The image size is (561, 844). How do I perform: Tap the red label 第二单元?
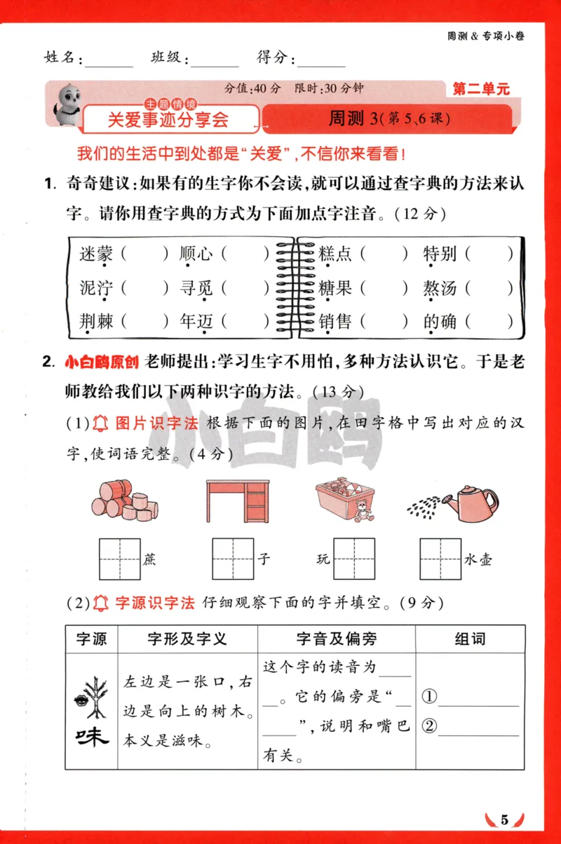click(x=481, y=89)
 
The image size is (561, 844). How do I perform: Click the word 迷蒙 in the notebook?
click(x=96, y=254)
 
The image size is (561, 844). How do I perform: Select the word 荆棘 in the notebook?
click(x=96, y=322)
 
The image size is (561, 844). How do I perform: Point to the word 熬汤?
click(x=440, y=287)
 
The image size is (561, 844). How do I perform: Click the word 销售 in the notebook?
click(x=334, y=322)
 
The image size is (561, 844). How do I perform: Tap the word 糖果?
click(x=334, y=287)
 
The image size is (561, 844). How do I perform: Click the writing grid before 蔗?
click(x=119, y=559)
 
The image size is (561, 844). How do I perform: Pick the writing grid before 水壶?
click(x=440, y=559)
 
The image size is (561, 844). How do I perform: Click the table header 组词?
click(x=470, y=639)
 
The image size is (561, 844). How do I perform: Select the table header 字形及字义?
click(x=187, y=639)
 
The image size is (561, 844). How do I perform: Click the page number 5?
click(x=503, y=819)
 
